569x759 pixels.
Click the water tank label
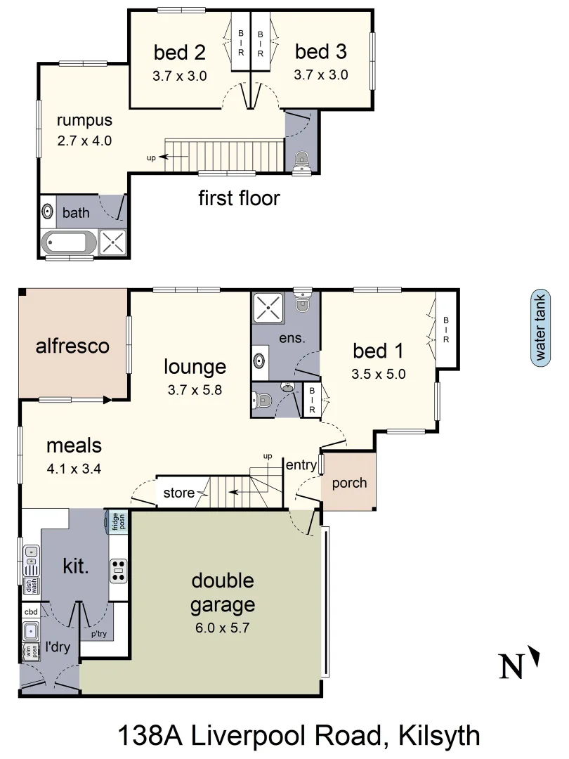tap(540, 329)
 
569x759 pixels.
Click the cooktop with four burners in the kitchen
tap(119, 570)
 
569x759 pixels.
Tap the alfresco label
tap(72, 346)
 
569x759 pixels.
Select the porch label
tap(348, 483)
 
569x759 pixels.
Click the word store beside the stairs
tap(178, 493)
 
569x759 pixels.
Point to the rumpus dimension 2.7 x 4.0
tap(84, 140)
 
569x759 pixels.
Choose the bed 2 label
tap(180, 52)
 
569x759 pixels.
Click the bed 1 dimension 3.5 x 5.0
tap(379, 374)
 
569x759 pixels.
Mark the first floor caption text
tap(239, 198)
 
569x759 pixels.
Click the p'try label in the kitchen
tap(98, 634)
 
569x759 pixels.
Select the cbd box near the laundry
tap(31, 612)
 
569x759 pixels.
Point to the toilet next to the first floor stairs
tap(302, 159)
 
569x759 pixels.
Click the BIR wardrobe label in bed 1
tap(445, 330)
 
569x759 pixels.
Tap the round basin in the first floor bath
tap(48, 212)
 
